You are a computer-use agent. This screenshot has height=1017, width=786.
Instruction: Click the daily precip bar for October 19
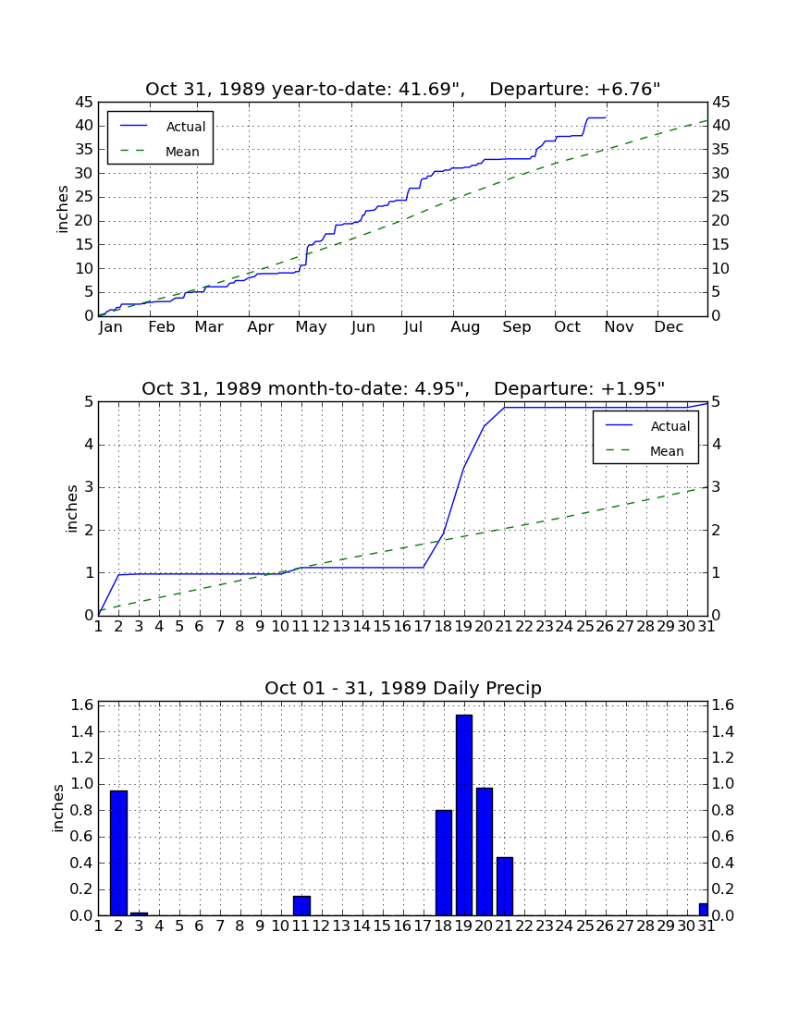(463, 815)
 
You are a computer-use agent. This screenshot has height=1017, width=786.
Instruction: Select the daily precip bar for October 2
(118, 853)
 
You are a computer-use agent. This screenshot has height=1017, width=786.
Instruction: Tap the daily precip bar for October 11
(301, 905)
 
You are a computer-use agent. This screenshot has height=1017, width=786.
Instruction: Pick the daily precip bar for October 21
(505, 887)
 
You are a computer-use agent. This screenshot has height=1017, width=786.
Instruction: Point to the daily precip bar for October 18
(444, 863)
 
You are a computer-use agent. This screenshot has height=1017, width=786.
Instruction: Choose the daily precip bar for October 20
(485, 852)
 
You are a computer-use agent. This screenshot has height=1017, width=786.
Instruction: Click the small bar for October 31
(703, 910)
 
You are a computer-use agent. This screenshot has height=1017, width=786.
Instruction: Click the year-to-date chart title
(402, 89)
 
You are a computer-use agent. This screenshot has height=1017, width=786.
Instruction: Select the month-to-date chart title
(403, 388)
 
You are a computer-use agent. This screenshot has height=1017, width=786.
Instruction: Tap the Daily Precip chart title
(403, 688)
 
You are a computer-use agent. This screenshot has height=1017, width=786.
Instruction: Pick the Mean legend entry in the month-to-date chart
(647, 451)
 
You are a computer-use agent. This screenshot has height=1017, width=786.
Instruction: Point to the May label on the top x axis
(312, 327)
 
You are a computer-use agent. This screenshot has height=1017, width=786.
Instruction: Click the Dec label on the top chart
(669, 327)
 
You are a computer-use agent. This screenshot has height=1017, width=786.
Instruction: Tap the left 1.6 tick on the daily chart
(83, 705)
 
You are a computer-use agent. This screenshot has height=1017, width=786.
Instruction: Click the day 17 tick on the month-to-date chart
(423, 627)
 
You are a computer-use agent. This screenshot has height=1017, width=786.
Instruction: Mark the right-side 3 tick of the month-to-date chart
(716, 487)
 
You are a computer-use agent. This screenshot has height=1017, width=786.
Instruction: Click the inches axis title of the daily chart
(58, 808)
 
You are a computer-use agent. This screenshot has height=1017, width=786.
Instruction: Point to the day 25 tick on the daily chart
(585, 926)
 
